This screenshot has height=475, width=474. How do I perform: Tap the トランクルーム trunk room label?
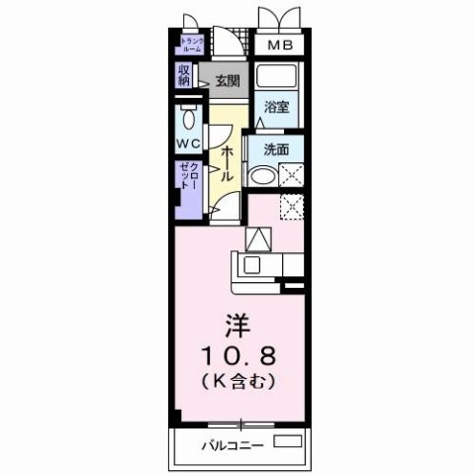(x=191, y=45)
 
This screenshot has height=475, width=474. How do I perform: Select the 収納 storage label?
(x=185, y=75)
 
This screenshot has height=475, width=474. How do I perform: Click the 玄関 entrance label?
(x=228, y=82)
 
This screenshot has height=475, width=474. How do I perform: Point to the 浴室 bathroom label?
(x=277, y=108)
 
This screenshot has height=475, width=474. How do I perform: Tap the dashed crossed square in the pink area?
(x=291, y=207)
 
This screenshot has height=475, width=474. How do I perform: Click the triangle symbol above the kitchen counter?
(x=257, y=239)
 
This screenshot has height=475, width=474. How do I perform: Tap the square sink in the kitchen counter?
(x=250, y=264)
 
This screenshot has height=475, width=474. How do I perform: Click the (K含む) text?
(x=237, y=381)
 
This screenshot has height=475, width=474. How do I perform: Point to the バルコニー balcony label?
(x=236, y=444)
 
